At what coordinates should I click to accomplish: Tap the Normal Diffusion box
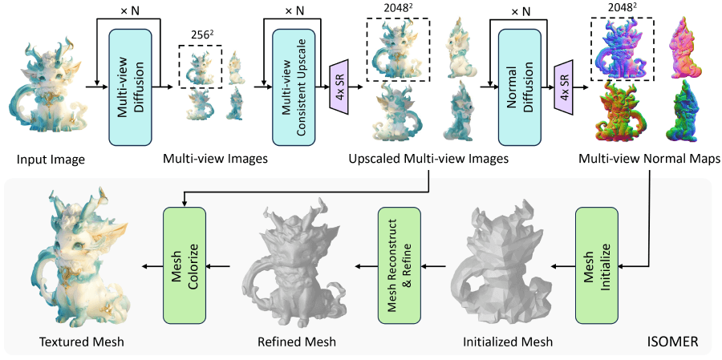[522, 87]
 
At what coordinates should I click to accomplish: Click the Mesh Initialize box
[595, 262]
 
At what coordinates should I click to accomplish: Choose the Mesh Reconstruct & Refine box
[400, 262]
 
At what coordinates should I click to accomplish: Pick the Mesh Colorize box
[185, 262]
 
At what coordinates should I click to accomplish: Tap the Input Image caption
[51, 159]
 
